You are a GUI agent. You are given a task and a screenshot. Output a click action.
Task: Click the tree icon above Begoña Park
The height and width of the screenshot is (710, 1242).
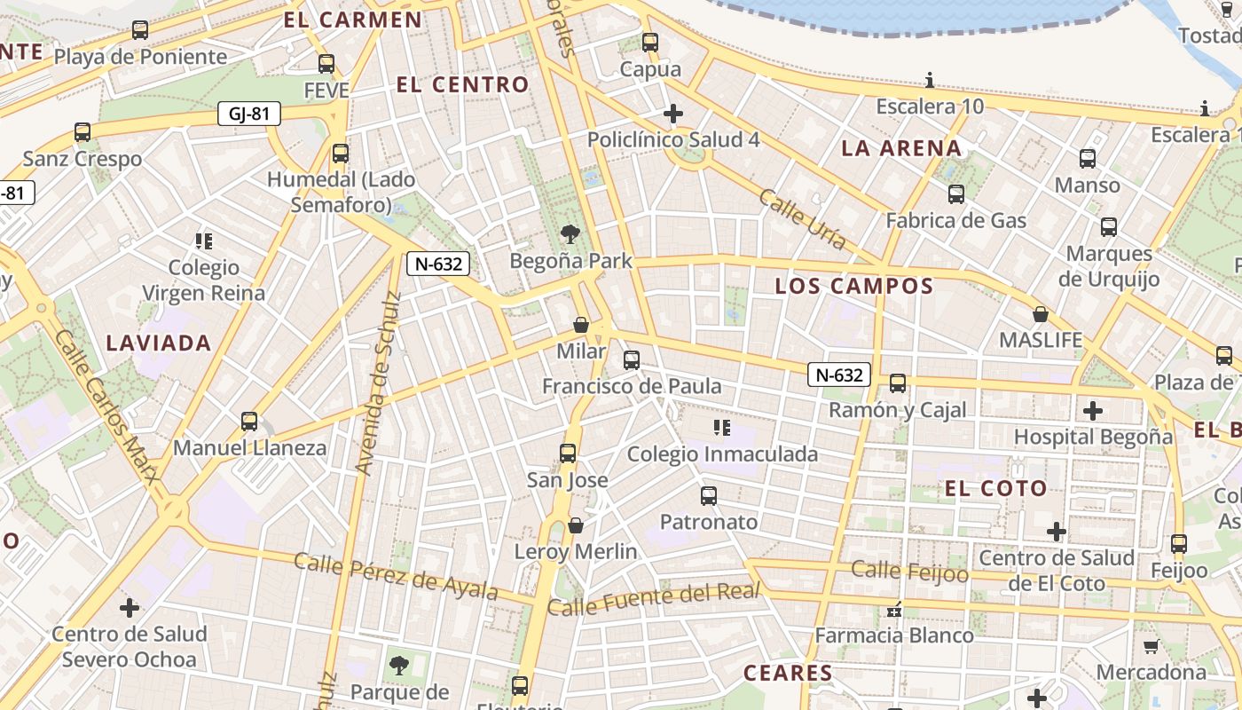tap(570, 234)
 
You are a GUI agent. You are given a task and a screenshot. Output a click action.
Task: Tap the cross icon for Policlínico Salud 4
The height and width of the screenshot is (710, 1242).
tap(673, 114)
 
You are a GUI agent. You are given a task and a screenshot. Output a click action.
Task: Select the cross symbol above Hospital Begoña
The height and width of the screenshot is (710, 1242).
tap(1093, 410)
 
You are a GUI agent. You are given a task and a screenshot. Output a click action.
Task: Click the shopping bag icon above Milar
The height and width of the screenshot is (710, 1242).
tap(581, 325)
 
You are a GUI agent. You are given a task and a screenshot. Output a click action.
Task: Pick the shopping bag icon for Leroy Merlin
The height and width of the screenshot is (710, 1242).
tap(576, 525)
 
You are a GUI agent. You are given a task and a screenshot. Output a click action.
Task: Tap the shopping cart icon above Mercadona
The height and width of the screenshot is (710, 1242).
tap(1151, 646)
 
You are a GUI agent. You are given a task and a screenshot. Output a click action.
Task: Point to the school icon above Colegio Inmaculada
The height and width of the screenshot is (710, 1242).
tap(722, 428)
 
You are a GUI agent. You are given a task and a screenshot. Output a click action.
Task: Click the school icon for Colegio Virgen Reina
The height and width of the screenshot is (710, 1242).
tap(204, 241)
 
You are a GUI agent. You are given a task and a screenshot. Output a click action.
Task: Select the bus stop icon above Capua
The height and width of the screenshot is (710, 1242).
tap(650, 42)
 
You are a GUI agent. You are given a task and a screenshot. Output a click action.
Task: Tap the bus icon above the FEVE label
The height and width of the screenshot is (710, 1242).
tap(326, 64)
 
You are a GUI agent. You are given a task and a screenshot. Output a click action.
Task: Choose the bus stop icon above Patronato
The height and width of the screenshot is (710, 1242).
tap(709, 495)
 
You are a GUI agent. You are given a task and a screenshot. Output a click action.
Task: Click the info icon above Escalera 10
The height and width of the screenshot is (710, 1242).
tap(930, 81)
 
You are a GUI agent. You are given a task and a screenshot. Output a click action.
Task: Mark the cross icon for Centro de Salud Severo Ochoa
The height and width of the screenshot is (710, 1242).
tap(130, 608)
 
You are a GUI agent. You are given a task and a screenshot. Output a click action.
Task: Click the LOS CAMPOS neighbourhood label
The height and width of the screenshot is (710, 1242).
tap(854, 286)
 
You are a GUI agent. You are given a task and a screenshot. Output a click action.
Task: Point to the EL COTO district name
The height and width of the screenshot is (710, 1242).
tap(995, 488)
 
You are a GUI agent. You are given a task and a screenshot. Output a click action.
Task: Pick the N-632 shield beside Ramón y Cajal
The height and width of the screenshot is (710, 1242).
tap(837, 375)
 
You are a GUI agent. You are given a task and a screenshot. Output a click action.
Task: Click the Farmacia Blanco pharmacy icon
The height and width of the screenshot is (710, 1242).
tap(894, 610)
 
